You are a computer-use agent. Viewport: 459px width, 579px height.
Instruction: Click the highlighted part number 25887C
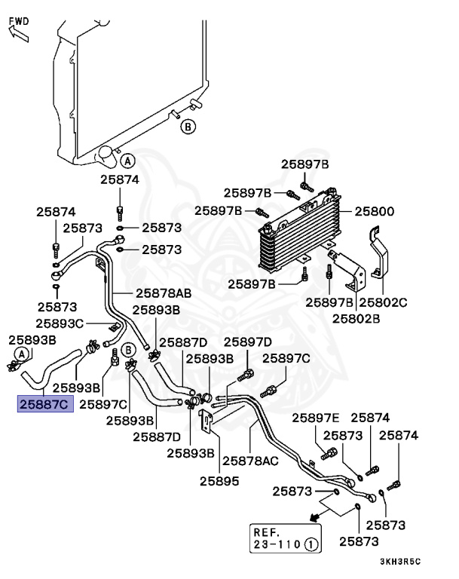pos(44,405)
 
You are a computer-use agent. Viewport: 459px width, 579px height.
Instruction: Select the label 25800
pos(375,212)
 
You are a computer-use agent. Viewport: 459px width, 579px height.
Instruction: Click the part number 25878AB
pos(163,293)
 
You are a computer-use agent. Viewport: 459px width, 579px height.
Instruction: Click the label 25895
pos(219,479)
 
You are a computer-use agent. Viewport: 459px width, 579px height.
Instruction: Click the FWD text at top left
pos(19,20)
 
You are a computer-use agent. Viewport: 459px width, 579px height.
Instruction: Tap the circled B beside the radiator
pos(188,127)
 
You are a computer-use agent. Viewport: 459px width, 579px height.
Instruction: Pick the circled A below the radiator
pos(127,161)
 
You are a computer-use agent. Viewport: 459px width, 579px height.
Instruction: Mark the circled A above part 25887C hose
pos(22,354)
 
